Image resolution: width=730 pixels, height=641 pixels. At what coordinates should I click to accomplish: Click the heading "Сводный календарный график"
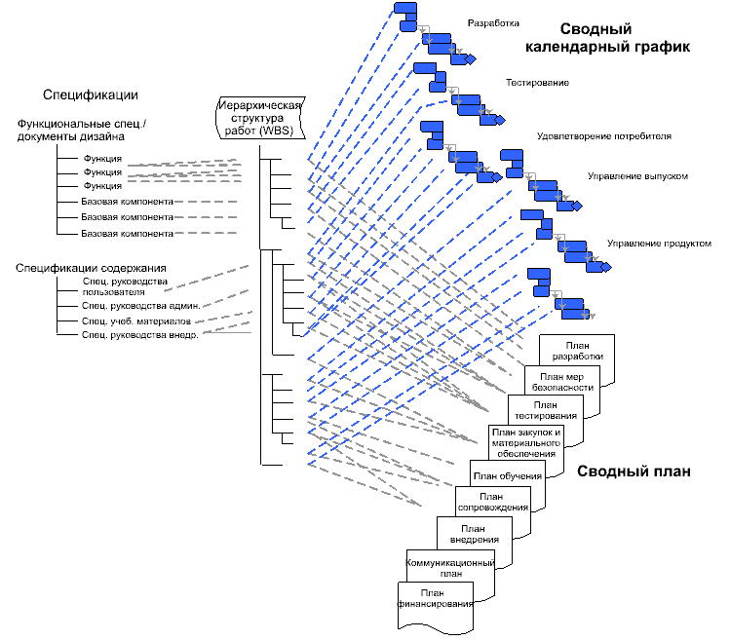point(607,38)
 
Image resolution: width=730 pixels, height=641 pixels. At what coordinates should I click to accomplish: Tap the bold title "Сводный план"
point(634,471)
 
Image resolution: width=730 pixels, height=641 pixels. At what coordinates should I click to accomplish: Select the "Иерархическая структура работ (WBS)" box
point(260,118)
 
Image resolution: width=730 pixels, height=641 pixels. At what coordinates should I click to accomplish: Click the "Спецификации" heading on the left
point(91,94)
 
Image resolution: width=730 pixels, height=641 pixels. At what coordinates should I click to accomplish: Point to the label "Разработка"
point(493,22)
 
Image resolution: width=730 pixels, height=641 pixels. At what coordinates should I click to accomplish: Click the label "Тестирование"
point(537,83)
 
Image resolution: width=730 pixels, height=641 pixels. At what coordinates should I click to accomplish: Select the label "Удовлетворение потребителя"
point(604,136)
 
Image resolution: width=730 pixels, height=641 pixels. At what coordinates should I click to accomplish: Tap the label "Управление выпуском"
point(637,176)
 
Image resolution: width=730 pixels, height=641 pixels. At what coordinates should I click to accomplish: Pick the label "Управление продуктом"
point(659,243)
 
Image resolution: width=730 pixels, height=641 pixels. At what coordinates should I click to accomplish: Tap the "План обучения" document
point(508,475)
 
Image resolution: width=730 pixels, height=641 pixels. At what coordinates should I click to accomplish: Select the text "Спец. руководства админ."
point(141,306)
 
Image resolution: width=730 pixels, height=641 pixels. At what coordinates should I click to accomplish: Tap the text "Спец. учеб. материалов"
point(136,321)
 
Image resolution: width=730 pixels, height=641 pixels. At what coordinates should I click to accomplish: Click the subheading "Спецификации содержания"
point(91,268)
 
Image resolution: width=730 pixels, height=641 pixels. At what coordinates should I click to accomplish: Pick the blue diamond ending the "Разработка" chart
point(471,59)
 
